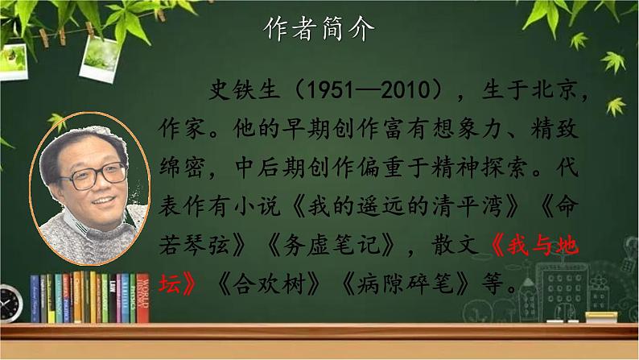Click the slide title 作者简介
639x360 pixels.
(319, 31)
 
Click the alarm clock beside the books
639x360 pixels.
(10, 302)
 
